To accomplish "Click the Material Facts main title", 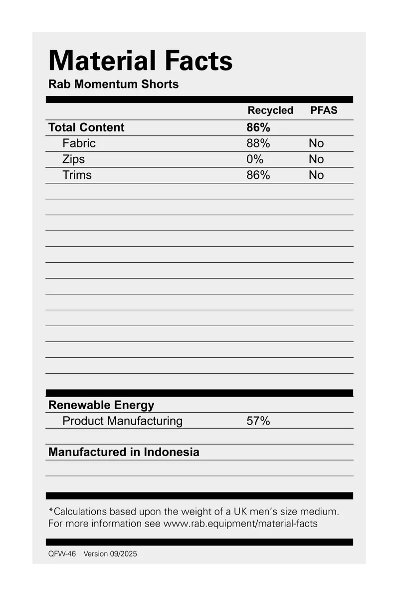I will [140, 61].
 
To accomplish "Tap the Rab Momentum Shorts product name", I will [113, 84].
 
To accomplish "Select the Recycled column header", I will [270, 110].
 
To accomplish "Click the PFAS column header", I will [324, 110].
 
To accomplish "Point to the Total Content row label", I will [86, 127].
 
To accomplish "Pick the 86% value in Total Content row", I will [258, 127].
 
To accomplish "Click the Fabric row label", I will [79, 143].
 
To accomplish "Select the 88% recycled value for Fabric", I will [258, 143].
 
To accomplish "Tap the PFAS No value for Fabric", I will [316, 143].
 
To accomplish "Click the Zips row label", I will [74, 159].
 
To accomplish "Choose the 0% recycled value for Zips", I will [255, 159].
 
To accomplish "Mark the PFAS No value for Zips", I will [316, 159].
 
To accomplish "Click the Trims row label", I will [77, 175].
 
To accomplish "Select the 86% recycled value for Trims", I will [258, 175].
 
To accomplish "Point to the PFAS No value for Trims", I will [316, 175].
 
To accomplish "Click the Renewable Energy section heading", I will [101, 405].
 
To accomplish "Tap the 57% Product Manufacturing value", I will [258, 421].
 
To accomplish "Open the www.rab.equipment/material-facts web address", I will [240, 524].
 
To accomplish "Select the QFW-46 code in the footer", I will [62, 554].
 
